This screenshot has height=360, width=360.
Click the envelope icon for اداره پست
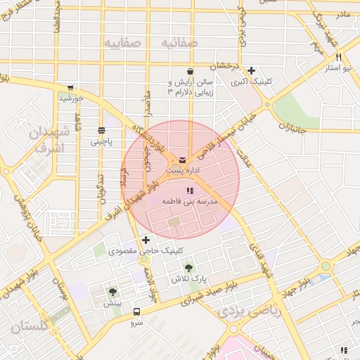(x=182, y=160)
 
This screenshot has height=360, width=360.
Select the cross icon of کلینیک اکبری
(x=251, y=70)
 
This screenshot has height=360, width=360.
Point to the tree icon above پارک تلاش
(x=188, y=268)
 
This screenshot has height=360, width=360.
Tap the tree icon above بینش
(x=112, y=292)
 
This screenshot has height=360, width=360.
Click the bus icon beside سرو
(x=136, y=312)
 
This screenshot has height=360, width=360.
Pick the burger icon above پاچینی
(x=102, y=129)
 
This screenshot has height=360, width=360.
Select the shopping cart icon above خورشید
(x=70, y=88)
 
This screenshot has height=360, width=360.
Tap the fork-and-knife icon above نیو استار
(x=339, y=57)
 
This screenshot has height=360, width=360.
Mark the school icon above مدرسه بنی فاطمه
(x=188, y=191)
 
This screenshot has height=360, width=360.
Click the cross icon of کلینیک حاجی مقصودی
(x=146, y=240)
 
